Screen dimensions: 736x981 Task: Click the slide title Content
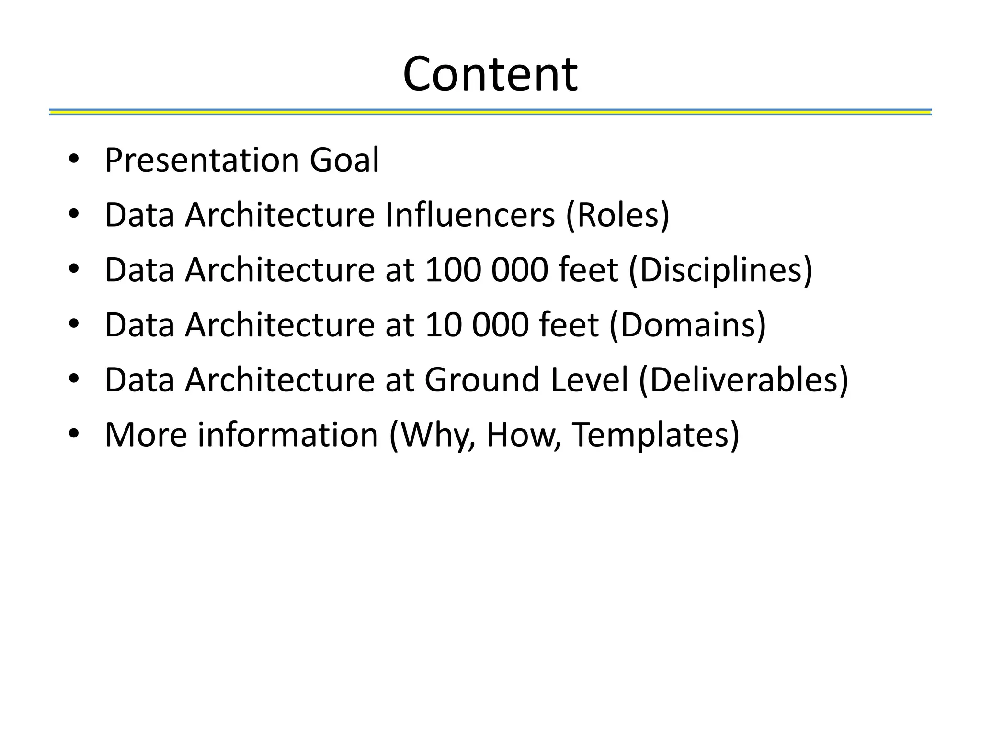click(x=490, y=74)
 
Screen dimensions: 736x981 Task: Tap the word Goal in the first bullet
click(x=344, y=160)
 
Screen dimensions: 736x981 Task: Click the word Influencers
click(x=470, y=215)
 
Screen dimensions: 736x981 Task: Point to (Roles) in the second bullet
click(x=617, y=215)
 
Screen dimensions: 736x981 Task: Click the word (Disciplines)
click(x=720, y=270)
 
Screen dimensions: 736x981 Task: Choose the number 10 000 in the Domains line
click(x=476, y=325)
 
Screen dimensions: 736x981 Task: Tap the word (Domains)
click(x=688, y=325)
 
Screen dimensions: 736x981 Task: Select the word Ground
click(x=482, y=379)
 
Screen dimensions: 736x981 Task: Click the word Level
click(x=589, y=379)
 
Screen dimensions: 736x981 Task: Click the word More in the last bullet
click(x=146, y=435)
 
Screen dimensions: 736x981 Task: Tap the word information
click(x=288, y=435)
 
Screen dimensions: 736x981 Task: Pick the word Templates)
click(x=656, y=435)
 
